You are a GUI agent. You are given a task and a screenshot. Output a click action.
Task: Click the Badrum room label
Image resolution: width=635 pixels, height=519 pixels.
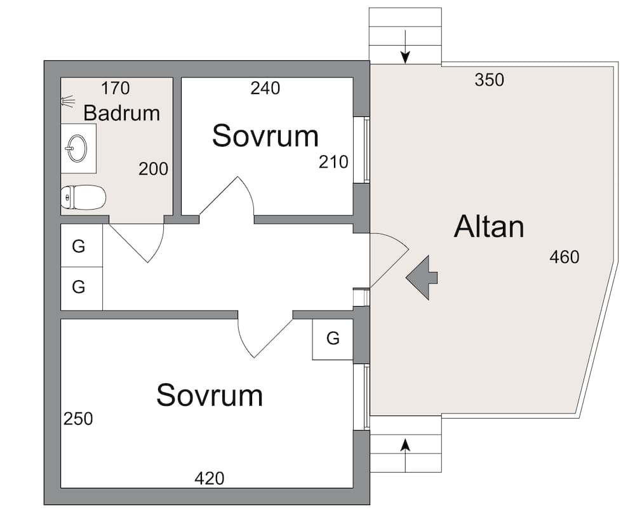point(121,113)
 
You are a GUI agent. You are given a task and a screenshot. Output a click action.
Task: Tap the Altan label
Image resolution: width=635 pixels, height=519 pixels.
point(489,227)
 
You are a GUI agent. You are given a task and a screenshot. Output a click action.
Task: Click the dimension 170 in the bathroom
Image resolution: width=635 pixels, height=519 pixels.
point(116,88)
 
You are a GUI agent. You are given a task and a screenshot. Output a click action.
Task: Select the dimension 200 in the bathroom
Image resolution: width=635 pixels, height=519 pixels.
point(153,169)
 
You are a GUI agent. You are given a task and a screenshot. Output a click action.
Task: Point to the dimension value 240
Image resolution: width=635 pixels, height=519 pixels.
point(265,88)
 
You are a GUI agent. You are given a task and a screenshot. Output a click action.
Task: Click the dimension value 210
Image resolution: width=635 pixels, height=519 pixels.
point(333,162)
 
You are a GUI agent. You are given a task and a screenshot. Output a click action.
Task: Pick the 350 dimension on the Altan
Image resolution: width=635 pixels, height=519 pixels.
point(489,80)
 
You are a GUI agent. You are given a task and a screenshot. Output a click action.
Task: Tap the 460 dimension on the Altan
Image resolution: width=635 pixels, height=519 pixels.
point(565,257)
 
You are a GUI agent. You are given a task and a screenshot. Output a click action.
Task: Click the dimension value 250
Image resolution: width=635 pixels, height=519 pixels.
point(78,419)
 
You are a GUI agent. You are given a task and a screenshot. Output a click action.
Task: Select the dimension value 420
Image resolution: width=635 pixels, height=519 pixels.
point(210,478)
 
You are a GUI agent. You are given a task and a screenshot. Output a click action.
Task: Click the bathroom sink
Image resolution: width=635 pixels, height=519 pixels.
point(76,148)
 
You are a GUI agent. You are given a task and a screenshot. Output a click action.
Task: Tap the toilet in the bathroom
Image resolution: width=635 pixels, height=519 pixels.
point(83,198)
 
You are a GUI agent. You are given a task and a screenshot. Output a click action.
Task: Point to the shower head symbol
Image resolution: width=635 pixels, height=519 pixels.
point(68,101)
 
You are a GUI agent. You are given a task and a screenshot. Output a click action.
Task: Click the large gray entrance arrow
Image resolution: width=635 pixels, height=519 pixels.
point(422,278)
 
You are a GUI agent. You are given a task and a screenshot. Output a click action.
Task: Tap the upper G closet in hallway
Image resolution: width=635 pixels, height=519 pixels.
point(79,246)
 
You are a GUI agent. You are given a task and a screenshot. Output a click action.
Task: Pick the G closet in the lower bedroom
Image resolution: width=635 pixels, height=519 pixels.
point(333,338)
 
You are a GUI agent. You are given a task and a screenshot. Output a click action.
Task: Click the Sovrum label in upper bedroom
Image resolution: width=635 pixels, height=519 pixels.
point(265,136)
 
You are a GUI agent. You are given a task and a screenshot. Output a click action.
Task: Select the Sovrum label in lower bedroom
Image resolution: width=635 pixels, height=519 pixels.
point(210,395)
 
